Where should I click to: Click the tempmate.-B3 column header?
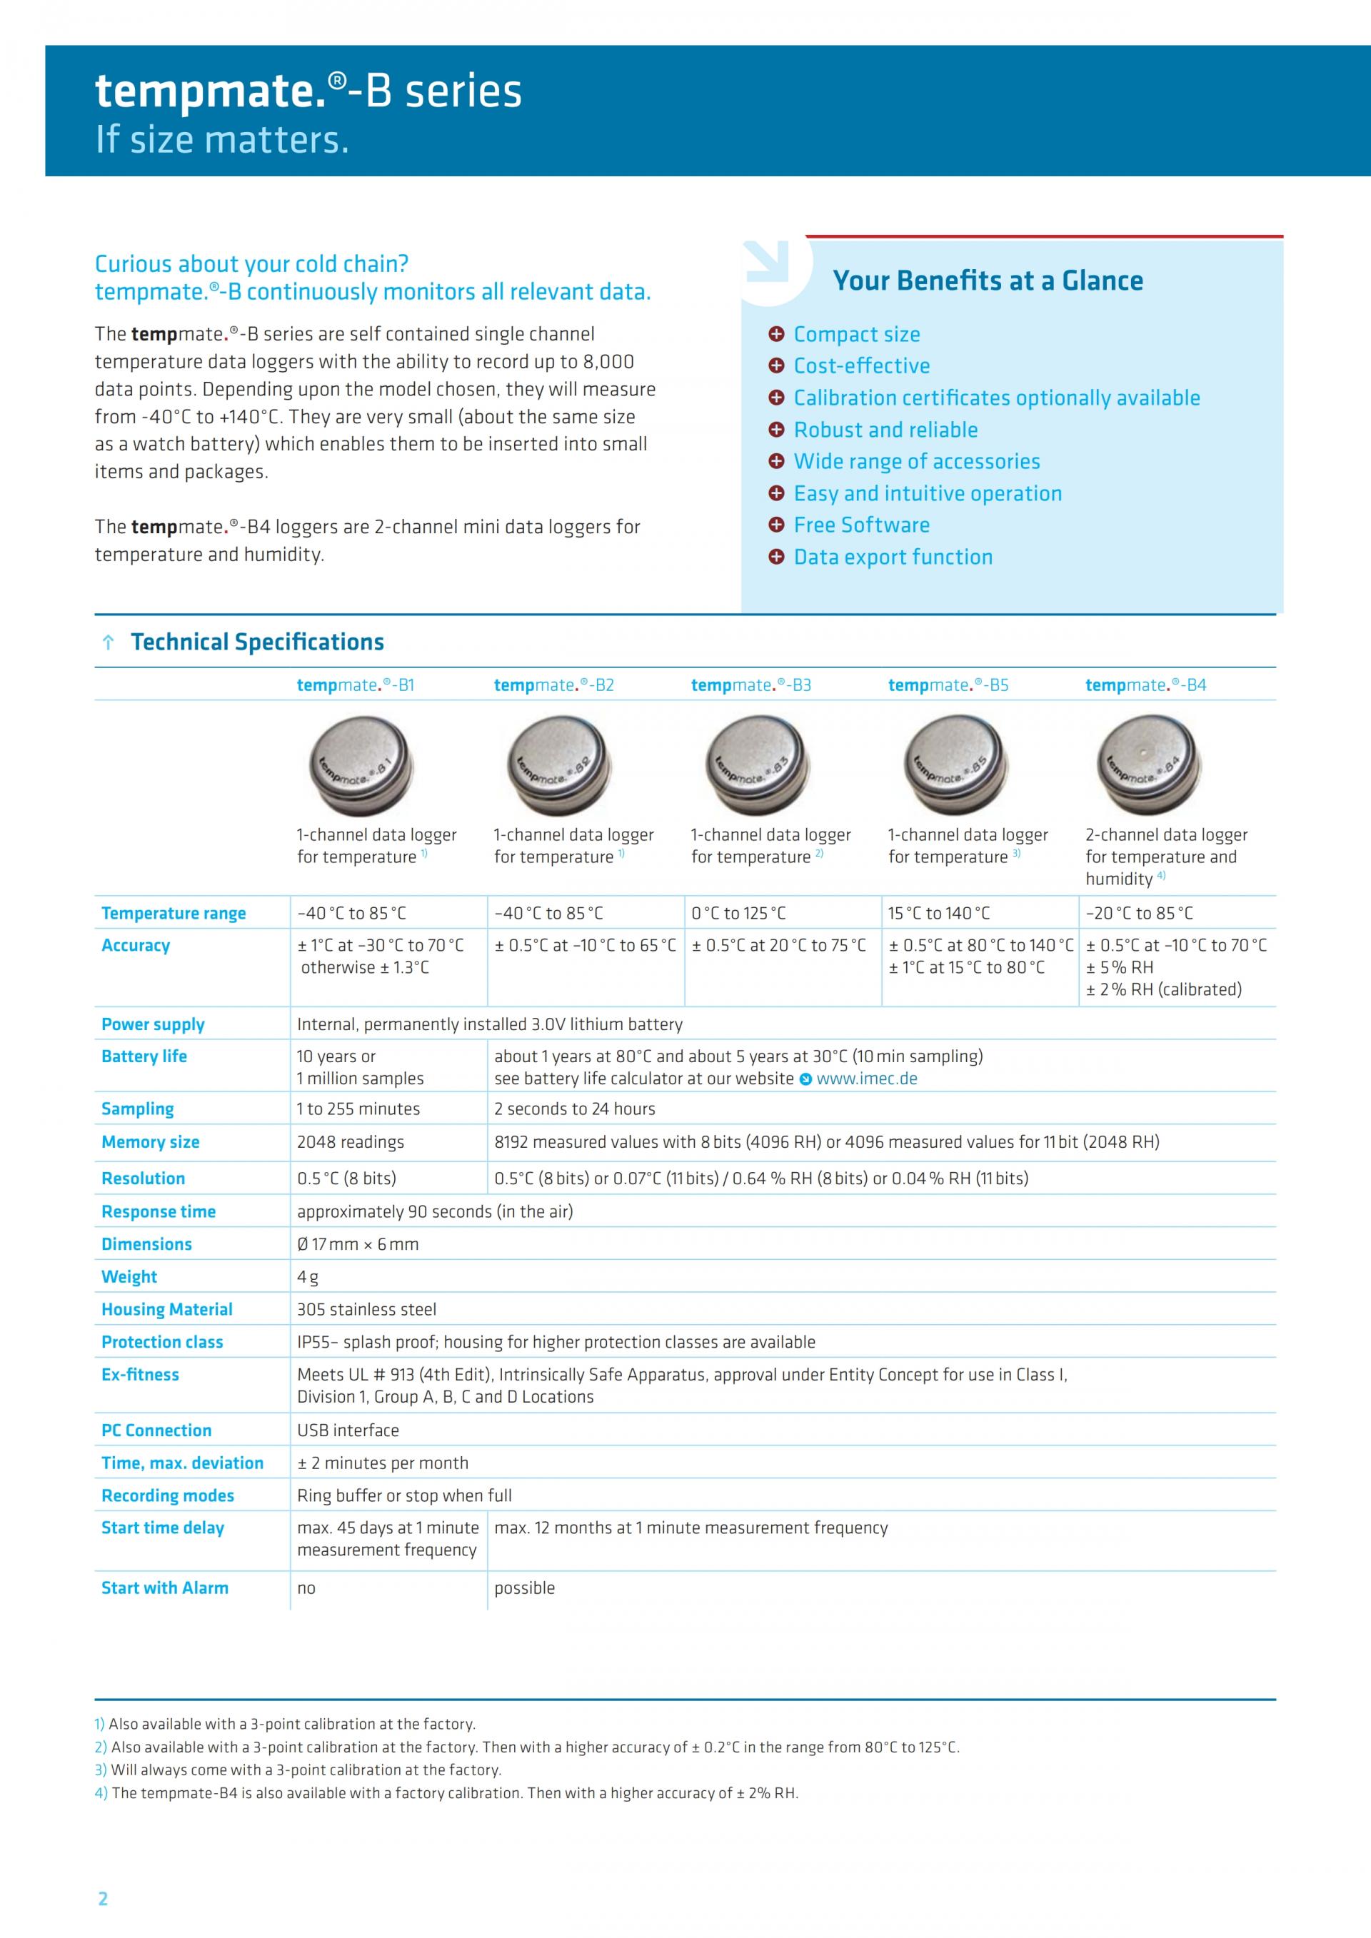[750, 685]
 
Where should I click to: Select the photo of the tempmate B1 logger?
[361, 764]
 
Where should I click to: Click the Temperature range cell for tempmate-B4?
[1139, 913]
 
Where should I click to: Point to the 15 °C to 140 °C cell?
[939, 913]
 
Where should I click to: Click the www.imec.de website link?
[866, 1079]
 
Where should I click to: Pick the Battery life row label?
[144, 1056]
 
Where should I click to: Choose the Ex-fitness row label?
[140, 1375]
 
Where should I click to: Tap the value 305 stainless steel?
[366, 1310]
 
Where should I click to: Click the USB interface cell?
[348, 1430]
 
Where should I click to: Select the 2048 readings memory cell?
[351, 1142]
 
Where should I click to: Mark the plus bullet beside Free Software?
[777, 525]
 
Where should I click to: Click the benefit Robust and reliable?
[885, 430]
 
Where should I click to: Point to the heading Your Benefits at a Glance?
[988, 281]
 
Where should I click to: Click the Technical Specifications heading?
[258, 642]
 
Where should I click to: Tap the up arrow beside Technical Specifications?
[108, 643]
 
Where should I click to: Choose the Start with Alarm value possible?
[524, 1588]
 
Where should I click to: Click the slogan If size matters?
[222, 140]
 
